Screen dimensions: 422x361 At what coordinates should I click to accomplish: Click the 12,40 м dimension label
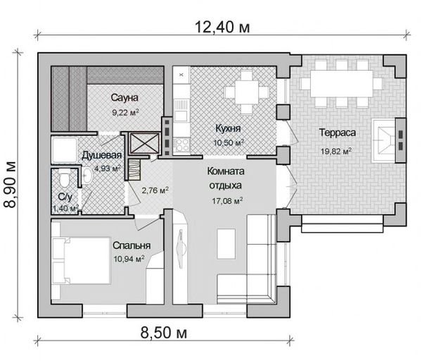pos(222,27)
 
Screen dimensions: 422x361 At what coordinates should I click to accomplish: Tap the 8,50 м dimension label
pos(164,332)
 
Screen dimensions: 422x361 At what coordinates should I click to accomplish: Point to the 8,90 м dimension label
pos(11,185)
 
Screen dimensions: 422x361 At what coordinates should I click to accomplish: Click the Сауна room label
pos(124,97)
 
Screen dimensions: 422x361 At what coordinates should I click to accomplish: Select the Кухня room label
pos(228,128)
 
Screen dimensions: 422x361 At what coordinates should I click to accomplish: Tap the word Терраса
pos(337,133)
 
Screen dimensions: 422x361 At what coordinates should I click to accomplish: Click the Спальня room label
pos(132,245)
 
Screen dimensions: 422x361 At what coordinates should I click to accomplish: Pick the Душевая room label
pos(102,155)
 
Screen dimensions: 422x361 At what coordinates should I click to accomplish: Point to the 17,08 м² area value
pos(227,200)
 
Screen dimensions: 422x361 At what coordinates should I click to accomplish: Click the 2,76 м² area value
pos(155,190)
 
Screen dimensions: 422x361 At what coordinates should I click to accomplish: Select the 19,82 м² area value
pos(336,151)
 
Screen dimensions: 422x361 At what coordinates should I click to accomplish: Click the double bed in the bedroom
pos(81,261)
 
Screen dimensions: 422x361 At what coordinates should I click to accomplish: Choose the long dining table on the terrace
pos(342,84)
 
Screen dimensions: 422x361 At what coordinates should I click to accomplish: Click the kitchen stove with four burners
pos(181,145)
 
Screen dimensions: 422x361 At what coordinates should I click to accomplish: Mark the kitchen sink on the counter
pos(181,111)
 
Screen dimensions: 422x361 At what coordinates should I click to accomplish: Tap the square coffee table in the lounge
pos(226,243)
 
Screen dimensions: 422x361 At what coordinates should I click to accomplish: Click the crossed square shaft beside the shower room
pos(145,142)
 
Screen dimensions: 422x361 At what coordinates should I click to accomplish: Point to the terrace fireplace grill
pos(383,140)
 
